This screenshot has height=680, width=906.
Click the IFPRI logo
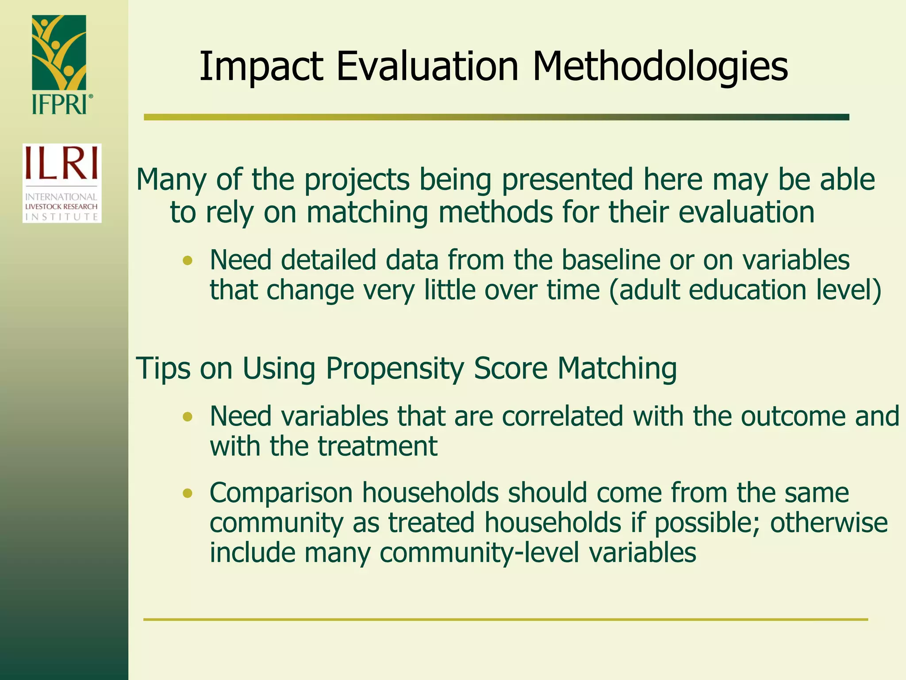[x=60, y=64]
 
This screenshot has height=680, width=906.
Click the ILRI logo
[x=62, y=183]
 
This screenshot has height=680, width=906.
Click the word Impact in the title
[x=261, y=67]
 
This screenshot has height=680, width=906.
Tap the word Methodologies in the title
[x=660, y=67]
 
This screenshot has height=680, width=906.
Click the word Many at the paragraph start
[x=171, y=180]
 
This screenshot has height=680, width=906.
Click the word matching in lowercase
[x=367, y=212]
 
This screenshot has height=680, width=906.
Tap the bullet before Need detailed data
[x=188, y=260]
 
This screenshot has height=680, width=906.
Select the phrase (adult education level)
[x=745, y=290]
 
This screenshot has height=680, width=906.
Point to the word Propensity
[x=395, y=369]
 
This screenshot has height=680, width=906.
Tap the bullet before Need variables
[x=188, y=417]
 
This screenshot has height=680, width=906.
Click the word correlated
[x=562, y=417]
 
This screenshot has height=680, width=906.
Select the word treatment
[x=377, y=446]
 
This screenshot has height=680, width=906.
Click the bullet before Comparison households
[x=188, y=493]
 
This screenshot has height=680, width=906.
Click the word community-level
[x=479, y=553]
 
